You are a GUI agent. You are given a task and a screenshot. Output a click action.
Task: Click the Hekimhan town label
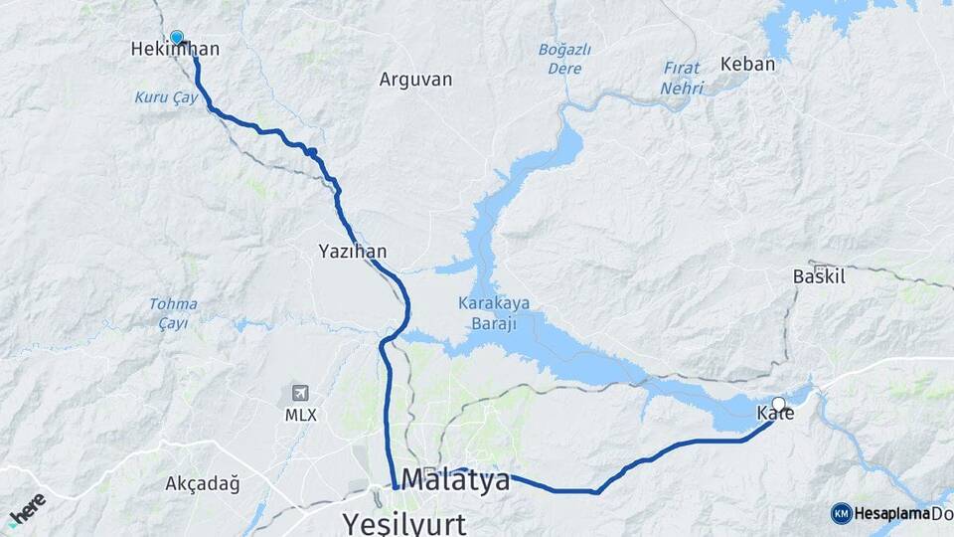175,49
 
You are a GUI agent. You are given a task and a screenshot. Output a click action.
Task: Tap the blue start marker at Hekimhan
177,38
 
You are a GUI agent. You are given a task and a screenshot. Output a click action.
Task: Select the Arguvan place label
415,79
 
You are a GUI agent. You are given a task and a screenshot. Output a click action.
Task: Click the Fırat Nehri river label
681,79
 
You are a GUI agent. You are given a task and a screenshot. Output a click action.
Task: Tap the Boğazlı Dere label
564,59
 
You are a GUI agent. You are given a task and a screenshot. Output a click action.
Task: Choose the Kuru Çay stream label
159,96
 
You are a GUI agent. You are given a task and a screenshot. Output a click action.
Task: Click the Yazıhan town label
353,251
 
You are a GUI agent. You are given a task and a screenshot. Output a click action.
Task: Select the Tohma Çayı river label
173,313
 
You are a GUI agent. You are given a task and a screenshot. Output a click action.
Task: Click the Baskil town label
819,276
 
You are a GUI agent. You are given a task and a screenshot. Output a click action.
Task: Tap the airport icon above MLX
299,394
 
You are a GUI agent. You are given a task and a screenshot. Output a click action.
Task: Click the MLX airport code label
299,415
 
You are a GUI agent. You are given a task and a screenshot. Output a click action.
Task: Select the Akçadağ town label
203,484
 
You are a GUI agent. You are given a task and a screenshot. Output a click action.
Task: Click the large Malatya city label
455,480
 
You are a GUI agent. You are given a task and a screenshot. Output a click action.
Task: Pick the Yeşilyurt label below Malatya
402,521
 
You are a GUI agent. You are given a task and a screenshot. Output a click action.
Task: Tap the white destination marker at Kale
779,404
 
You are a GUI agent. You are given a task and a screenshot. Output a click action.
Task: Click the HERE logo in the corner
26,507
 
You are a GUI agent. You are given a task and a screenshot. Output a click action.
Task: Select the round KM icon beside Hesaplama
841,513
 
